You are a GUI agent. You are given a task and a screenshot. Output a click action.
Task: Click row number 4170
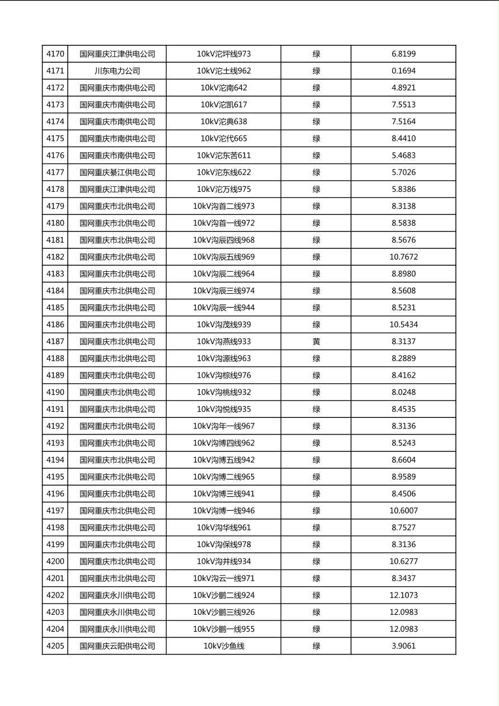click(x=55, y=54)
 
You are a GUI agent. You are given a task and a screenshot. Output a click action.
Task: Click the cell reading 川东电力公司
click(x=117, y=71)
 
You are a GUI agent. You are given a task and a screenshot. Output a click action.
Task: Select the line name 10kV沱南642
click(x=224, y=88)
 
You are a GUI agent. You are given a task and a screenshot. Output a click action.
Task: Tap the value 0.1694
click(x=403, y=71)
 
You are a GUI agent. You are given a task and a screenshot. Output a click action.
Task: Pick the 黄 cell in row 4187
click(x=316, y=342)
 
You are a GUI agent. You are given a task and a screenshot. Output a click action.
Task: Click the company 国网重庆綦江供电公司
click(x=117, y=172)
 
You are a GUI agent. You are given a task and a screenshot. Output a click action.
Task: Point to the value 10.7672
click(x=403, y=257)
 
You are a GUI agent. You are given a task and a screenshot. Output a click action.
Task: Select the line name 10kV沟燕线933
click(x=224, y=342)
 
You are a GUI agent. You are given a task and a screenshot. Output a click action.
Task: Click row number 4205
click(x=55, y=646)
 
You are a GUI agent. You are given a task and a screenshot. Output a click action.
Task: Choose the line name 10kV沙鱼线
click(x=224, y=646)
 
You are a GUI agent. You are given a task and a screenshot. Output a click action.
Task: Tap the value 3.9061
click(x=403, y=646)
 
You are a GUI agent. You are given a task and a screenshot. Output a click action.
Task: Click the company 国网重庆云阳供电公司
click(x=117, y=646)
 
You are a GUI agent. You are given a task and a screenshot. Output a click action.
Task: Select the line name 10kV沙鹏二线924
click(x=224, y=595)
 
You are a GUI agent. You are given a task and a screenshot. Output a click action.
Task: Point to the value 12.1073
click(x=403, y=595)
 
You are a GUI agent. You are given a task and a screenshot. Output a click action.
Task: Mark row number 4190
click(x=55, y=392)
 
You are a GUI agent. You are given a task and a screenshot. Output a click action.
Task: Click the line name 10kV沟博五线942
click(x=224, y=460)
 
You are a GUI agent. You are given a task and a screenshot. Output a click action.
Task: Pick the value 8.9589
click(x=403, y=477)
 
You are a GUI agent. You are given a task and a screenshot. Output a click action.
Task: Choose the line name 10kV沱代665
click(x=224, y=139)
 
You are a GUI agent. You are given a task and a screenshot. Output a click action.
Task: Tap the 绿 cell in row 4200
click(x=316, y=562)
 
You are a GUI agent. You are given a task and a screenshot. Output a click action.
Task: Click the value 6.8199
click(x=403, y=54)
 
